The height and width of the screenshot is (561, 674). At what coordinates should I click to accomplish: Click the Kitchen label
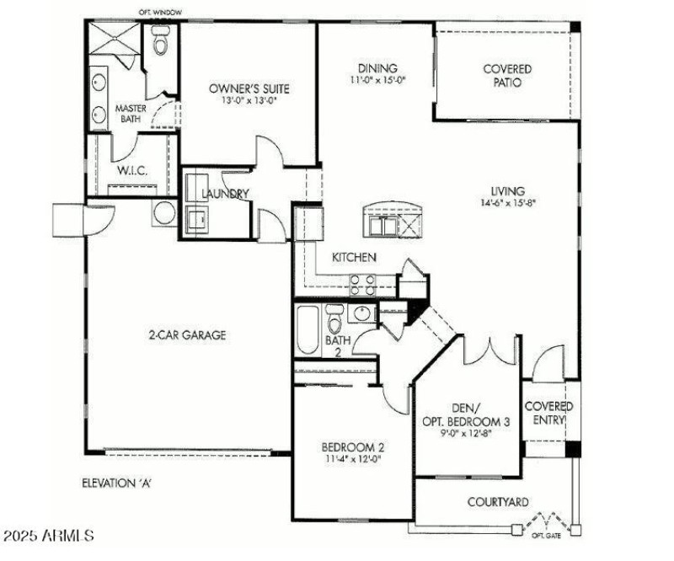click(x=354, y=258)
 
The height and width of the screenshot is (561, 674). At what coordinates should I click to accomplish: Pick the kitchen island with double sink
click(x=390, y=221)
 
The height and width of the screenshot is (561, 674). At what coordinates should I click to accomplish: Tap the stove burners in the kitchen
click(x=362, y=285)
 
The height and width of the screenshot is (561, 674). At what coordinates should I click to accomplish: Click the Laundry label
click(x=225, y=194)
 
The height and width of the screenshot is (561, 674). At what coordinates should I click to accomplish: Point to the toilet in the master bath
click(x=162, y=40)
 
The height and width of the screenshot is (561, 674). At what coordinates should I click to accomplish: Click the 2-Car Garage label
click(x=185, y=334)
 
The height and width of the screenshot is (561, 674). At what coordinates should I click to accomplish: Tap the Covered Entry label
click(x=548, y=412)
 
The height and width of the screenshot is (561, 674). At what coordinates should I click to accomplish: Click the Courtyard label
click(x=499, y=502)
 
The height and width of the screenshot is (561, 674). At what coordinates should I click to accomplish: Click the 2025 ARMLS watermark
click(x=48, y=536)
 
